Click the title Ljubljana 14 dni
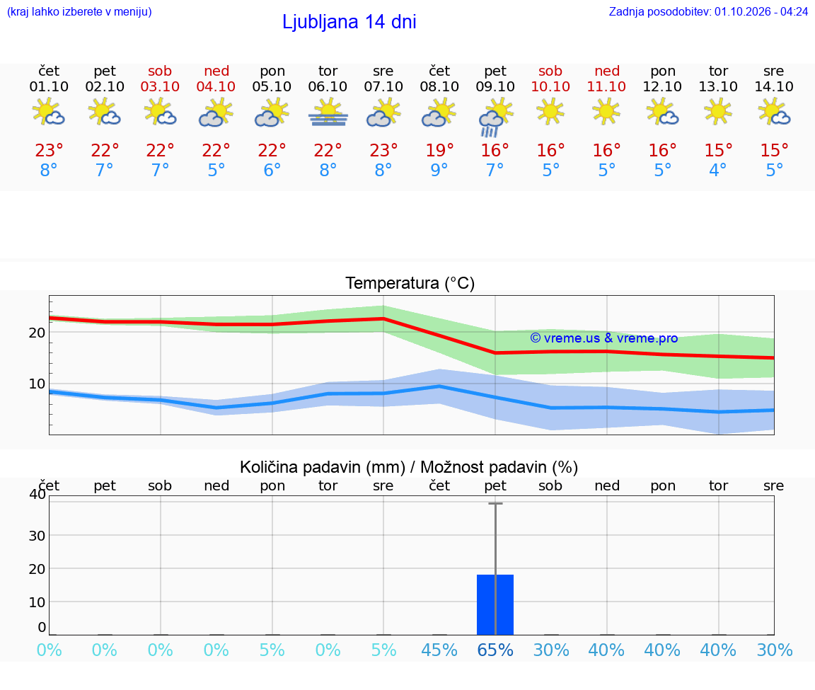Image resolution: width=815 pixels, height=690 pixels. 349,22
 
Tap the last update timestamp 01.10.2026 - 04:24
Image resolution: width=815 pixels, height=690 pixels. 761,11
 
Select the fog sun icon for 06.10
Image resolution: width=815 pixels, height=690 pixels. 328,113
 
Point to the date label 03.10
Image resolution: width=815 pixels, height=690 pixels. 160,86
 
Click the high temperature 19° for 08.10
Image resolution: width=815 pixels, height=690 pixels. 440,150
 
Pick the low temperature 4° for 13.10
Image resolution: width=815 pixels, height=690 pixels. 718,170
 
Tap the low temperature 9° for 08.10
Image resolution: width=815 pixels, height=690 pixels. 439,170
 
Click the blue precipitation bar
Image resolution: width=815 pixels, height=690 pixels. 495,605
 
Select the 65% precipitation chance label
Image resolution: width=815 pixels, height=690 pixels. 495,650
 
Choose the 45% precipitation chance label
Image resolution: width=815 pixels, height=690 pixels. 439,650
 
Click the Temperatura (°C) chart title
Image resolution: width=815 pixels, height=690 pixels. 410,283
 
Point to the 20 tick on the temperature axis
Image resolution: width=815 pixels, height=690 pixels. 37,333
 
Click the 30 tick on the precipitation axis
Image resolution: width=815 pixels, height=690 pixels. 37,536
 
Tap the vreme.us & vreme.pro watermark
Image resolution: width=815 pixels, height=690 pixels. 604,338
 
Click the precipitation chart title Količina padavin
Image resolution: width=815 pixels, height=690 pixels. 323,467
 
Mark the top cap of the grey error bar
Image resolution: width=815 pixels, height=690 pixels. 495,503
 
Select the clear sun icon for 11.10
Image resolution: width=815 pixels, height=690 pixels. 606,112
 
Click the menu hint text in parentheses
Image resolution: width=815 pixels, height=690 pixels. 79,11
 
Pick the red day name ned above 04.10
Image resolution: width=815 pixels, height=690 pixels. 216,71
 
